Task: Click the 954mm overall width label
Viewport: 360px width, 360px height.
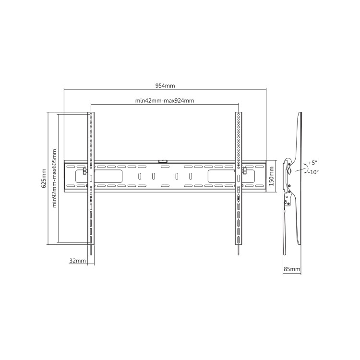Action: coord(165,86)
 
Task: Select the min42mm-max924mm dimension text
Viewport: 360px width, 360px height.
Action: coord(165,101)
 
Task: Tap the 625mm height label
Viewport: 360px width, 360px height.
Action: coord(44,178)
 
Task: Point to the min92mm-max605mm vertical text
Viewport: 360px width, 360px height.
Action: coord(54,178)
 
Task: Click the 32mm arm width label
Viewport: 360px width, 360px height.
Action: coord(78,261)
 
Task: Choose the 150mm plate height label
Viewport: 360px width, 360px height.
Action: coord(272,176)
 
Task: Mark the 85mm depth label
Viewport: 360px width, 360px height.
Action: coord(292,269)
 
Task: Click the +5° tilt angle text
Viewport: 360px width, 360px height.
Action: coord(312,163)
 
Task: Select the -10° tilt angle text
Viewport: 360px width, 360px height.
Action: coord(313,172)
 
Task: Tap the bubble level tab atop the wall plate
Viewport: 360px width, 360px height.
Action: coord(163,161)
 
